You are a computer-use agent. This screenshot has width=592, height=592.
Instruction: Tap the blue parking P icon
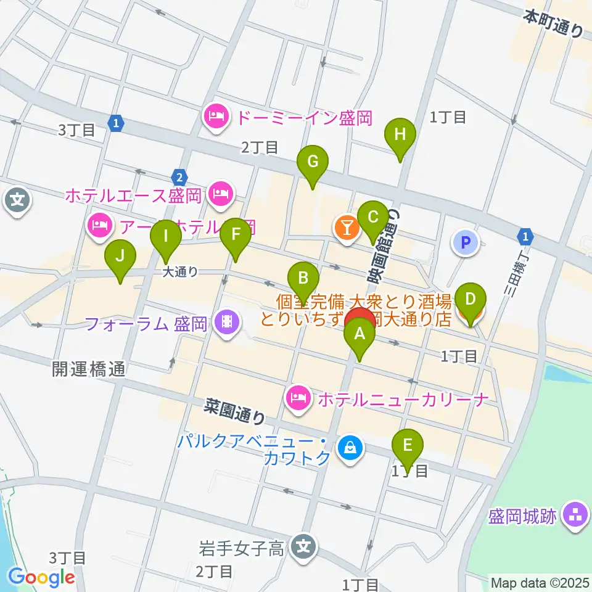pos(466,242)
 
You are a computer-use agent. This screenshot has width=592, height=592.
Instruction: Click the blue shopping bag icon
pos(350,446)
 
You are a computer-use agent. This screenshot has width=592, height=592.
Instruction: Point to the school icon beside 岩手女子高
pos(303,546)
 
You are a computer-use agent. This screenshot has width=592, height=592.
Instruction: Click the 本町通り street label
pos(553,23)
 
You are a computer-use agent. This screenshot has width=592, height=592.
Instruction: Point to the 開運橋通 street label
pos(89,369)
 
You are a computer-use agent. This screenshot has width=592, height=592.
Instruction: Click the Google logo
pos(42,577)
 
